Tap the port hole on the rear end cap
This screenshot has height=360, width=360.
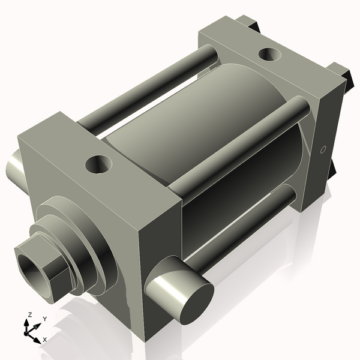[x=268, y=55]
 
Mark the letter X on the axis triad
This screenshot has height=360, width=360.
[x=45, y=340]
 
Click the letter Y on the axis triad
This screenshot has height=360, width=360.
[x=44, y=319]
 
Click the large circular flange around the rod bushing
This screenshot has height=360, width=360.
[x=90, y=240]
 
